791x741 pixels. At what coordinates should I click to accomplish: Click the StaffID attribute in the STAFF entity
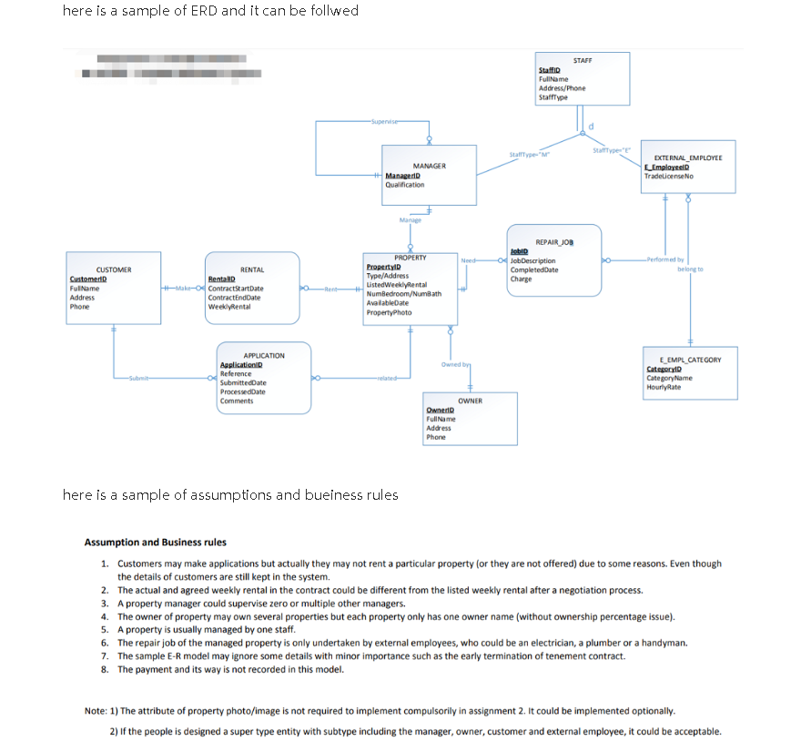click(x=549, y=70)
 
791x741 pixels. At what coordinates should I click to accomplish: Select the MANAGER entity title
click(x=429, y=167)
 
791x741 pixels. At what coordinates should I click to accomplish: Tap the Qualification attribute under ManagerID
click(x=405, y=185)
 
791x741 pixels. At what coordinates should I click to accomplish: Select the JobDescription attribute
click(x=533, y=261)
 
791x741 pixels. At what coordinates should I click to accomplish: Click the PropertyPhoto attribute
click(x=388, y=312)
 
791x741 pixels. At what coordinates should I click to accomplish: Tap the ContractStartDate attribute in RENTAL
click(x=236, y=289)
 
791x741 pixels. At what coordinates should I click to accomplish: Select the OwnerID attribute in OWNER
click(x=441, y=411)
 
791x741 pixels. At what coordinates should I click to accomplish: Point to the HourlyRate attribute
click(x=663, y=387)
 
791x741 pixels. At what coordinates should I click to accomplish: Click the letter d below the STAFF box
click(x=593, y=125)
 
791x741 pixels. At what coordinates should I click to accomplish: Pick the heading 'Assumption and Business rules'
click(x=155, y=543)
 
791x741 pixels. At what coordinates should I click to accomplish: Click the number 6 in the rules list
click(x=106, y=643)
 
